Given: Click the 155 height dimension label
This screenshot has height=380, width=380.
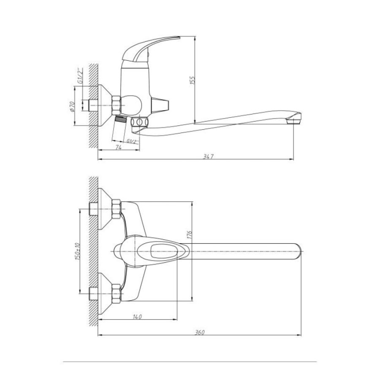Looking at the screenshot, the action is [193, 80].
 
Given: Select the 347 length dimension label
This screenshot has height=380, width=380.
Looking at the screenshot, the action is [208, 157].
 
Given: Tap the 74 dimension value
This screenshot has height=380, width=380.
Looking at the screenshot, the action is [118, 147].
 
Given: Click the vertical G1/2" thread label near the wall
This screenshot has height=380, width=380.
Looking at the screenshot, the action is [80, 76].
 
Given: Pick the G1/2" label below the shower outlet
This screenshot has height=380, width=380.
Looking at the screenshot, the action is [133, 141].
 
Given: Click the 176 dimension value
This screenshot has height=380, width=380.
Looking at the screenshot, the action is [189, 235].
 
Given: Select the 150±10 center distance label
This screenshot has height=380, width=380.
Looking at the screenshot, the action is [78, 251].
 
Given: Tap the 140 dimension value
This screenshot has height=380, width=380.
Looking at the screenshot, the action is [137, 317].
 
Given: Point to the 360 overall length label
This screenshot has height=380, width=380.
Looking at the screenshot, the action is [200, 333].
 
